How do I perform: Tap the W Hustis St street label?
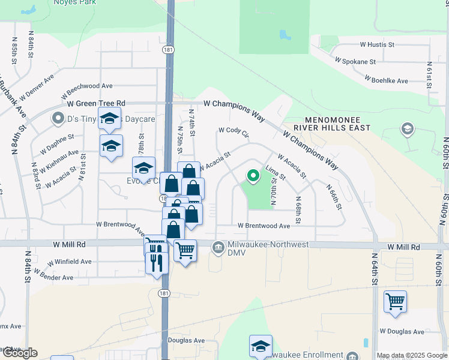[377, 44]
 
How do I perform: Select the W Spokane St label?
[355, 61]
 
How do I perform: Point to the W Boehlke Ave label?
[386, 79]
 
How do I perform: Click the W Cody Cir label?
[234, 131]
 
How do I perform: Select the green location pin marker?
[253, 176]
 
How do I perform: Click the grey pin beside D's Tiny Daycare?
[58, 119]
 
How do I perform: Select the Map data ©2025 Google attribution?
[412, 355]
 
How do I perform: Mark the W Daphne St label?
[57, 142]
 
